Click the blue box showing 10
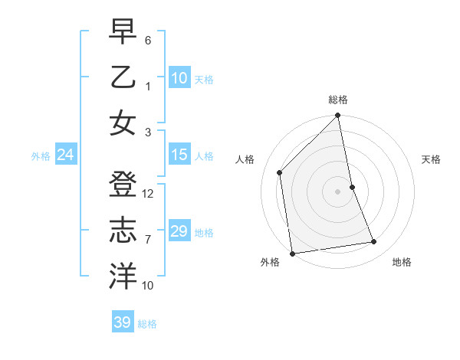coord(179,78)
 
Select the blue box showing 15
coord(179,155)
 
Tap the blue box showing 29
coord(179,231)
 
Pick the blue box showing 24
coord(66,155)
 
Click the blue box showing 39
coord(123,322)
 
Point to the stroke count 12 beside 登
coord(149,194)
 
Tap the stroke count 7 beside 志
coord(149,240)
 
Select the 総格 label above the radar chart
coord(338,100)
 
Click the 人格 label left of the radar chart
coord(245,159)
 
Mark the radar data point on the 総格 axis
coord(338,116)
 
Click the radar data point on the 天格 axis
coord(353,187)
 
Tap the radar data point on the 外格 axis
coord(292,253)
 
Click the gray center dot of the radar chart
coord(338,191)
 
